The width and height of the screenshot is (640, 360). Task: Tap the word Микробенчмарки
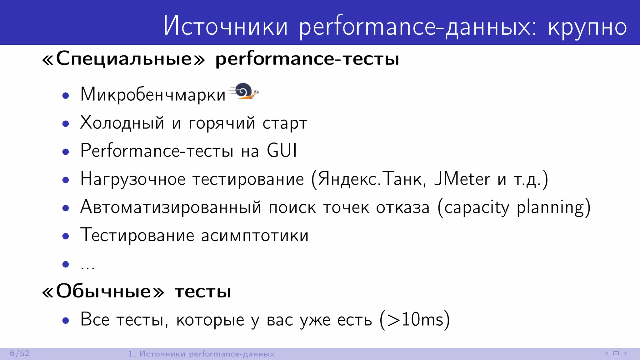coord(153,94)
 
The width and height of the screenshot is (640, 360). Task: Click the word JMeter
coord(462,179)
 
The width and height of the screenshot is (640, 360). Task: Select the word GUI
coord(282,151)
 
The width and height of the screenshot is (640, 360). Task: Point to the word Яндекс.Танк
coord(370,179)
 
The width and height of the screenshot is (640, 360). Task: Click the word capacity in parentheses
coord(477,207)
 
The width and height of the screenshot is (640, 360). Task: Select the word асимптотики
coord(255,236)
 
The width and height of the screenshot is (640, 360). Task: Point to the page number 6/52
coord(20,353)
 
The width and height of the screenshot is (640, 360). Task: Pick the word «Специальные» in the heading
coord(124,59)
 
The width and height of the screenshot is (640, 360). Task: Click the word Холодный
coord(122,123)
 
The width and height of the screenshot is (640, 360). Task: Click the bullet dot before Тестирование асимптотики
coord(66,236)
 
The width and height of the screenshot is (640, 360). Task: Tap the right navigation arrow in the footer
coord(626,353)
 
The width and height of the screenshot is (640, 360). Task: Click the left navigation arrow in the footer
coord(606,353)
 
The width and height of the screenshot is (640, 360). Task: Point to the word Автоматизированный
coord(171,207)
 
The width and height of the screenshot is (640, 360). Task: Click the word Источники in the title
coord(225,26)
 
